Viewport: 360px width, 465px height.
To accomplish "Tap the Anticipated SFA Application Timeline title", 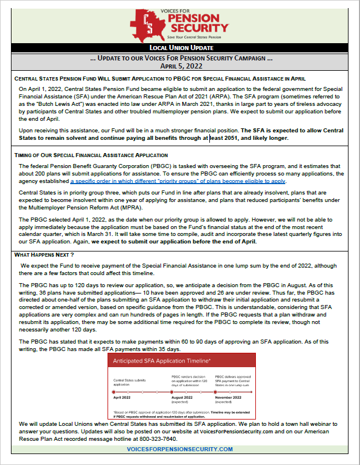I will tap(162, 361).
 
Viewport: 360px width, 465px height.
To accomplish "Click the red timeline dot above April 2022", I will tap(114, 391).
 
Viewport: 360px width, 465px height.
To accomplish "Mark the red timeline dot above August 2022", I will tap(172, 391).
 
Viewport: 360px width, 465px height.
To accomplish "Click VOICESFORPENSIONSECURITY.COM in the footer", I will tap(179, 449).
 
